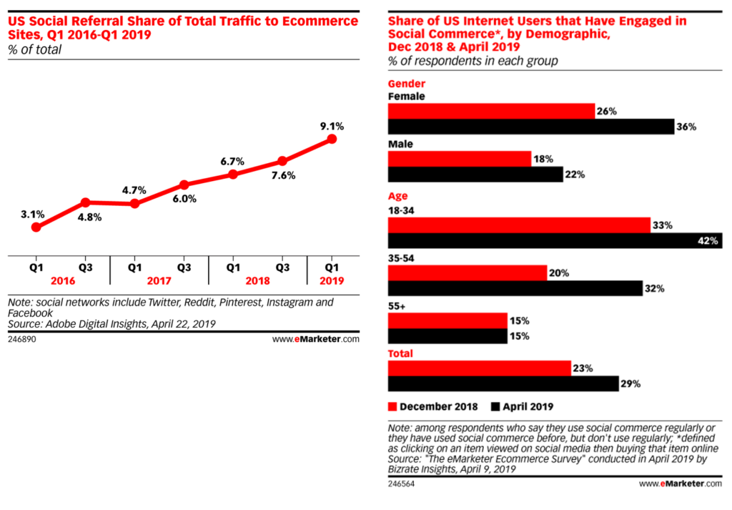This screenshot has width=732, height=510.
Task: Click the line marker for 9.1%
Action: [331, 139]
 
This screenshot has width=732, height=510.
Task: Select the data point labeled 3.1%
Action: [36, 227]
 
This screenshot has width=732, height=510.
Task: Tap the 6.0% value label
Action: [184, 199]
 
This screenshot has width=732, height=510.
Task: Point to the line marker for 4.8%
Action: [85, 202]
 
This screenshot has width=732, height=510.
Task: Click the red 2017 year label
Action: [159, 281]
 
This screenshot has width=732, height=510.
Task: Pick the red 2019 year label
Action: [332, 281]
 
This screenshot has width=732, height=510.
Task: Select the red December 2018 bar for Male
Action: [459, 159]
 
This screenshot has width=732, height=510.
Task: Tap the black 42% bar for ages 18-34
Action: [555, 241]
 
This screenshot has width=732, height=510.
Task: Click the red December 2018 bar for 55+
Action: [447, 320]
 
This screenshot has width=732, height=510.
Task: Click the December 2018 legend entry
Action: [433, 407]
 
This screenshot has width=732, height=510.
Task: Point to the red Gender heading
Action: [407, 84]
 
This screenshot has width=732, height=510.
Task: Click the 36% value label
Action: [687, 127]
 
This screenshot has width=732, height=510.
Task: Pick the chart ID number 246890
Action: [21, 340]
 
